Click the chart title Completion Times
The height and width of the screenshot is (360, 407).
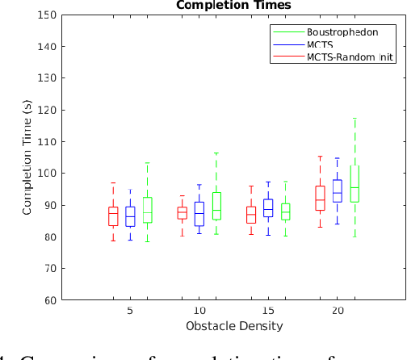tap(234, 6)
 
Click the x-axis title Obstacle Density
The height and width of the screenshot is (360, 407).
tap(233, 326)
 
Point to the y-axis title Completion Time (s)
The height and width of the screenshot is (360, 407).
tap(27, 157)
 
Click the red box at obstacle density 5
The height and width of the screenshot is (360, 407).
tap(113, 216)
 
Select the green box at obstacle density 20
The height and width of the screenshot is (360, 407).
tap(355, 184)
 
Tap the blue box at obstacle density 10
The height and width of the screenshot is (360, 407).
tap(199, 214)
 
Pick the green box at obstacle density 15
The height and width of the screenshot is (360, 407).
tap(285, 211)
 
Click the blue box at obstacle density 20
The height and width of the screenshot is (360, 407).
tap(338, 190)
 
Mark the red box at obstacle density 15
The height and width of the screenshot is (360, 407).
tap(251, 215)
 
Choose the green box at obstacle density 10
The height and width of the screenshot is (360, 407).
tap(216, 206)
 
